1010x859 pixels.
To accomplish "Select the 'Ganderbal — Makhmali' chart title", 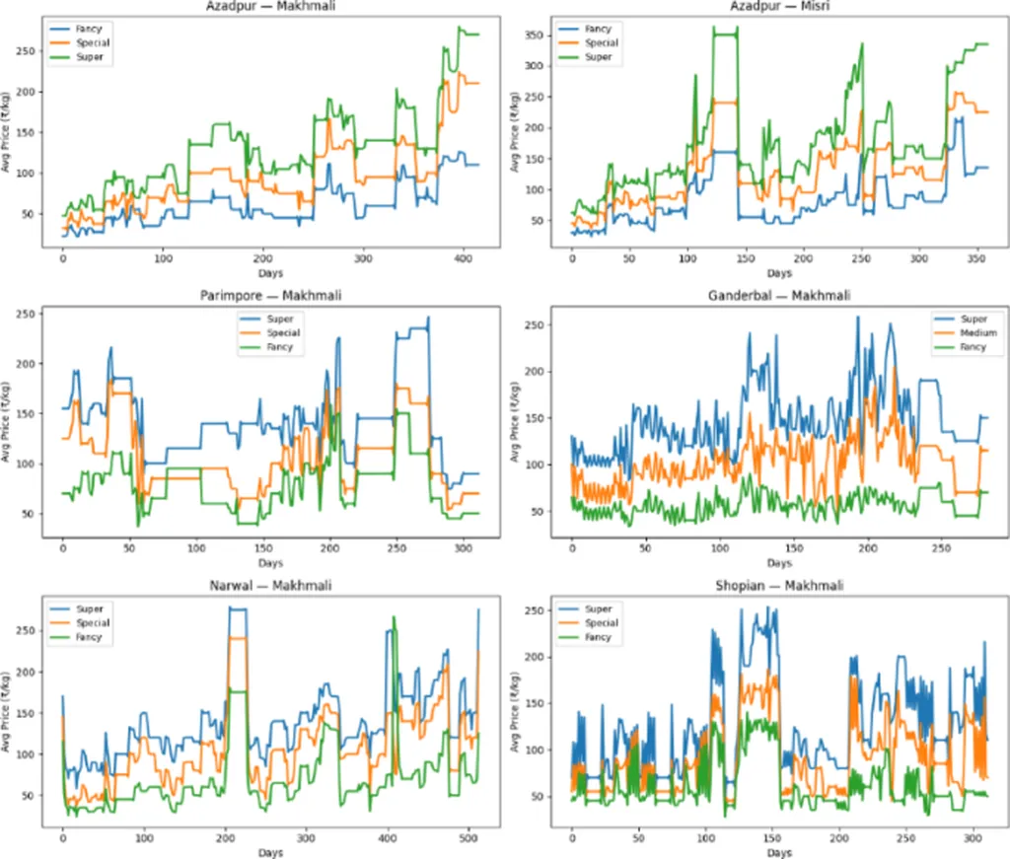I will coord(779,295).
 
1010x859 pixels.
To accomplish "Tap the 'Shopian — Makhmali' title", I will coord(779,585).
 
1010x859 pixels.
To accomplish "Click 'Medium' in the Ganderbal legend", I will coord(979,333).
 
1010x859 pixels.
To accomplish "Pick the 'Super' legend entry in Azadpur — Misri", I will coord(598,57).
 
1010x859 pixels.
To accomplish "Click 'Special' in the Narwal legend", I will coord(94,623).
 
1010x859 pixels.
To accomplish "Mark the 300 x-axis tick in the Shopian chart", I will coord(971,838).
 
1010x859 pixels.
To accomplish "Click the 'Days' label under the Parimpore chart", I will coord(272,563).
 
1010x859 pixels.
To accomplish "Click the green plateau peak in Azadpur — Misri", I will coord(724,35).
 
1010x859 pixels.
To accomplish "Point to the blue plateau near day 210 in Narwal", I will coord(237,608).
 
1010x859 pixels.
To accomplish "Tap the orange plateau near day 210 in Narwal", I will coord(237,638).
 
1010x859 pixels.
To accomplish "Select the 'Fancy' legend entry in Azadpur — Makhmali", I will coord(91,30).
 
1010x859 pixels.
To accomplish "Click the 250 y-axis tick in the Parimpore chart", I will coord(30,314).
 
